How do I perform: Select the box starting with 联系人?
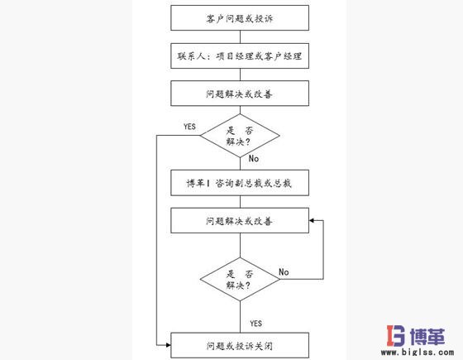pyautogui.click(x=239, y=55)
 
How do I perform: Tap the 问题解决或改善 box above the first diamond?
pyautogui.click(x=239, y=94)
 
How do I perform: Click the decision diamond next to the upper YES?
pyautogui.click(x=240, y=136)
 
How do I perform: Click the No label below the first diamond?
pyautogui.click(x=255, y=157)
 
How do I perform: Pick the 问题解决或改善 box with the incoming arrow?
pyautogui.click(x=239, y=221)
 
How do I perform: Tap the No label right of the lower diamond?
pyautogui.click(x=284, y=271)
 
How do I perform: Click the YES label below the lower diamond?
pyautogui.click(x=255, y=322)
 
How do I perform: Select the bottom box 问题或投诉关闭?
pyautogui.click(x=239, y=343)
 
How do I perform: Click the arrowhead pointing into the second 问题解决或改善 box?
pyautogui.click(x=312, y=221)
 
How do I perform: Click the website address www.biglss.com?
pyautogui.click(x=425, y=353)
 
